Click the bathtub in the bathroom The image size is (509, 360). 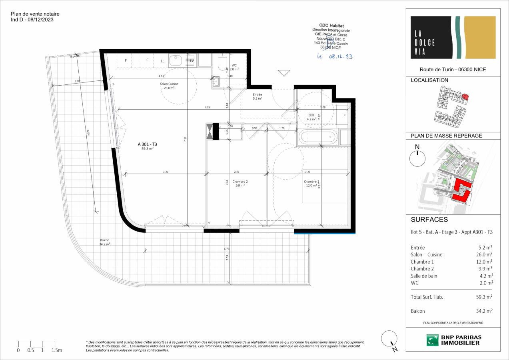click(x=318, y=138)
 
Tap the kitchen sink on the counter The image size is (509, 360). click(x=175, y=60)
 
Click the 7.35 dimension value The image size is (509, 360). click(x=207, y=108)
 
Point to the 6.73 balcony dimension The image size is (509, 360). click(x=227, y=249)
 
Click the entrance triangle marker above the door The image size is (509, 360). click(x=284, y=73)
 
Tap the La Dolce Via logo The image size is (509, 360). click(x=453, y=37)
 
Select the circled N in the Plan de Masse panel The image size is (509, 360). click(x=417, y=158)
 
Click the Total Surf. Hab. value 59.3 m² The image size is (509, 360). click(x=483, y=297)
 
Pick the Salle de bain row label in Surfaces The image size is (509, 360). click(x=424, y=276)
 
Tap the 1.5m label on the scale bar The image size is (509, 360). click(x=57, y=350)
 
